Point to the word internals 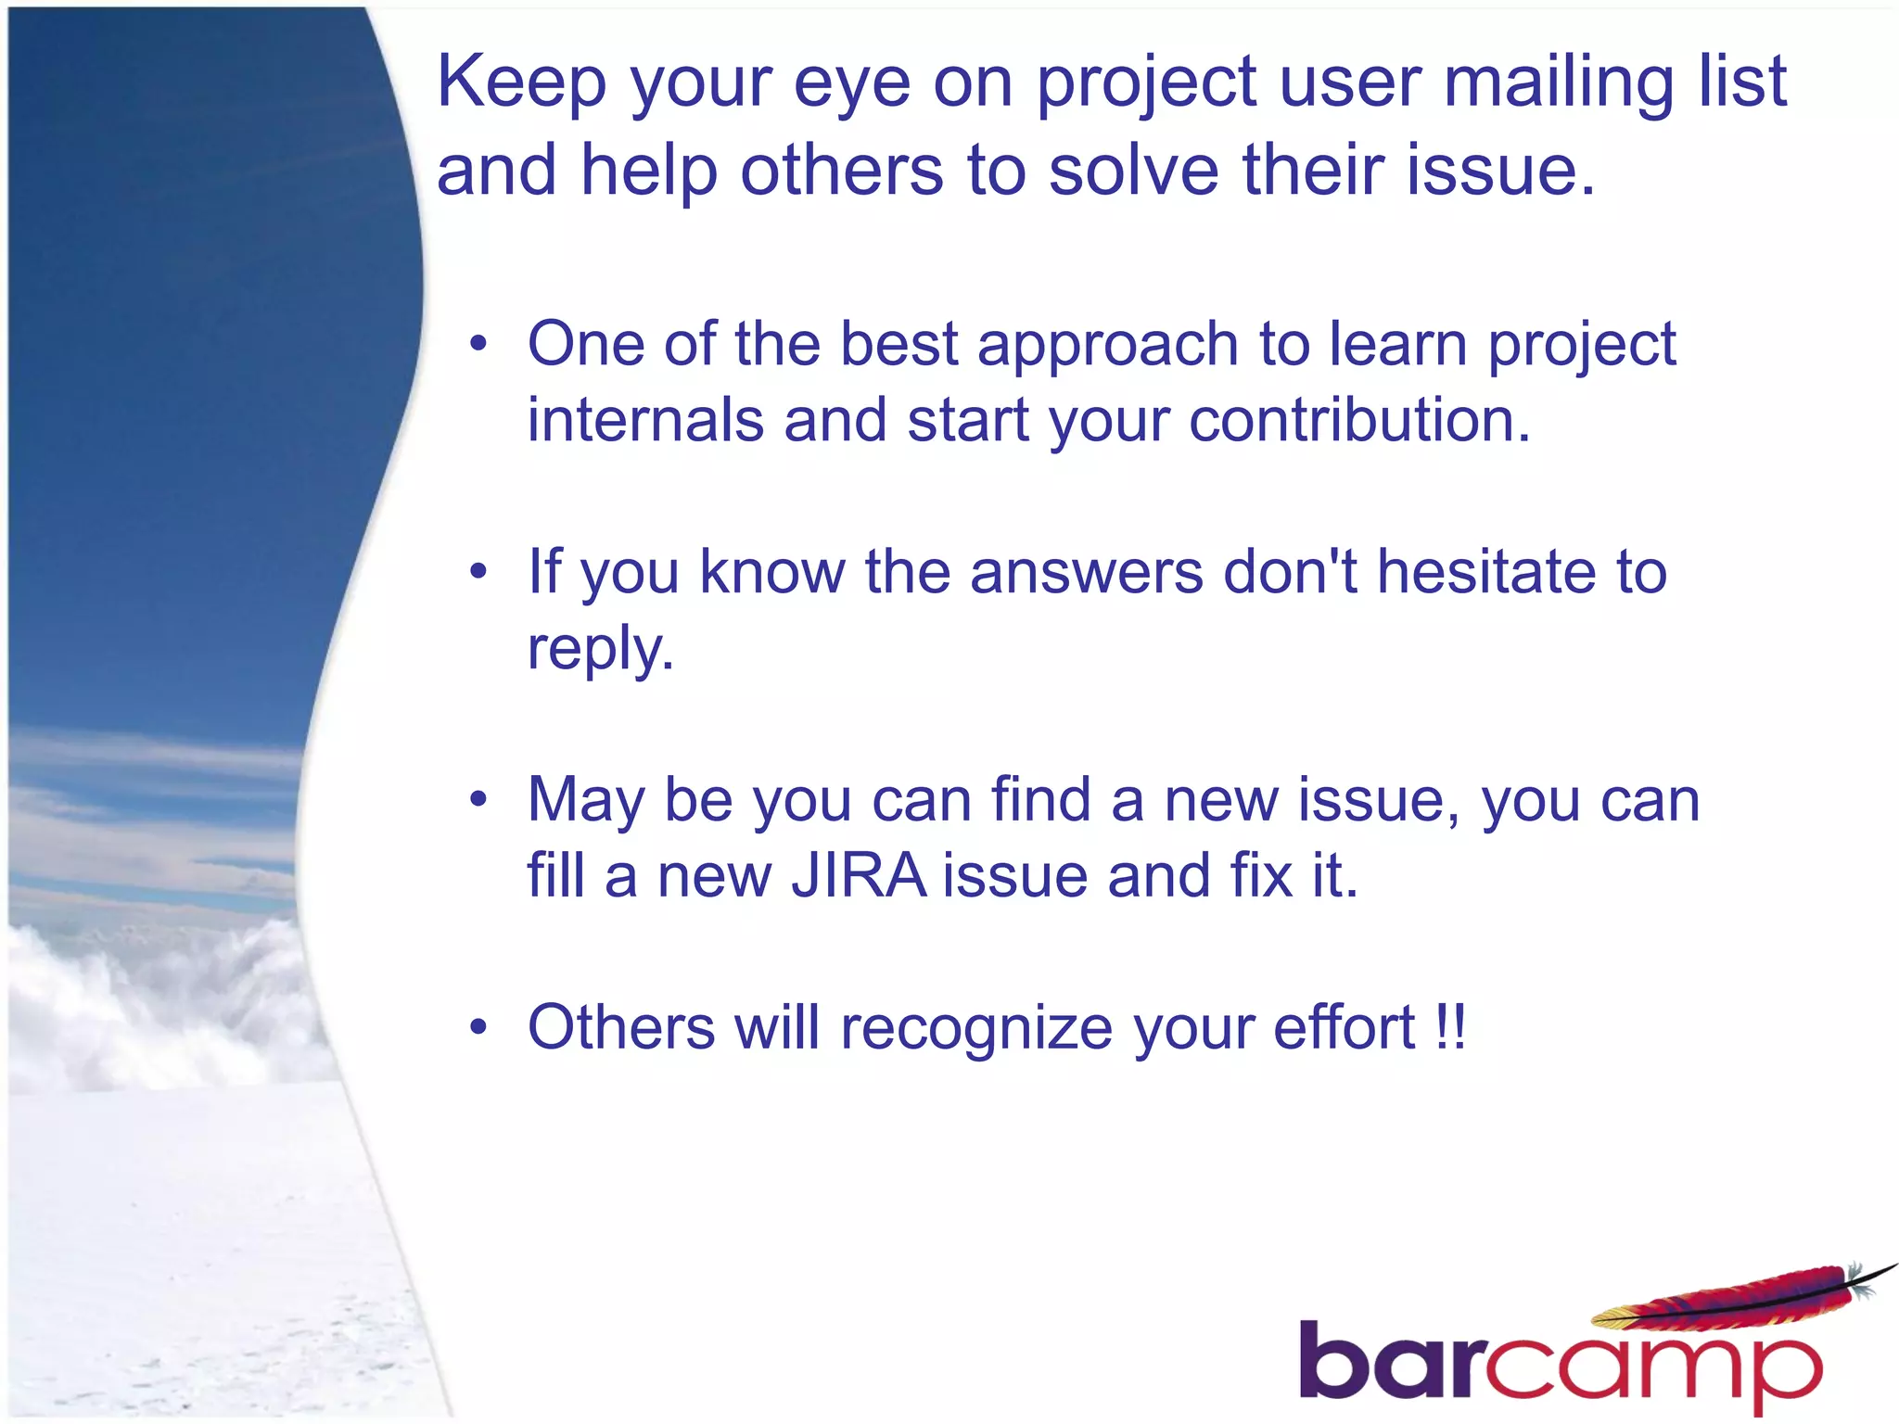[645, 420]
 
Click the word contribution [1359, 420]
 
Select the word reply [600, 649]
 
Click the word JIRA [859, 876]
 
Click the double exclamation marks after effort [1449, 1027]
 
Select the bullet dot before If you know [478, 572]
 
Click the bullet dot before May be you [478, 799]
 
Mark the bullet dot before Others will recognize [478, 1027]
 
